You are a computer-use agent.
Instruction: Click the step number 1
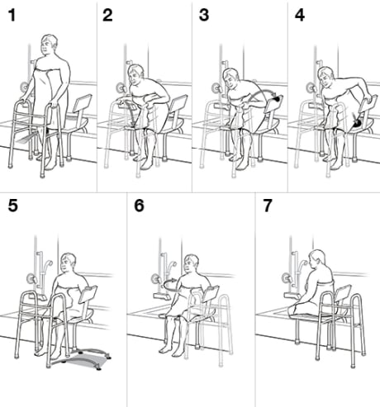(x=11, y=15)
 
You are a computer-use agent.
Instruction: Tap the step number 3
(x=204, y=15)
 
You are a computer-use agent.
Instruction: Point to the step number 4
(x=299, y=15)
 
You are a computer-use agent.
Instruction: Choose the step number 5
(x=12, y=206)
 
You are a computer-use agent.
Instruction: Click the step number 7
(x=266, y=206)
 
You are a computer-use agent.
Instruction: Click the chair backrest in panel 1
(x=80, y=106)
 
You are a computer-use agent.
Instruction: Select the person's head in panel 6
(x=192, y=266)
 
